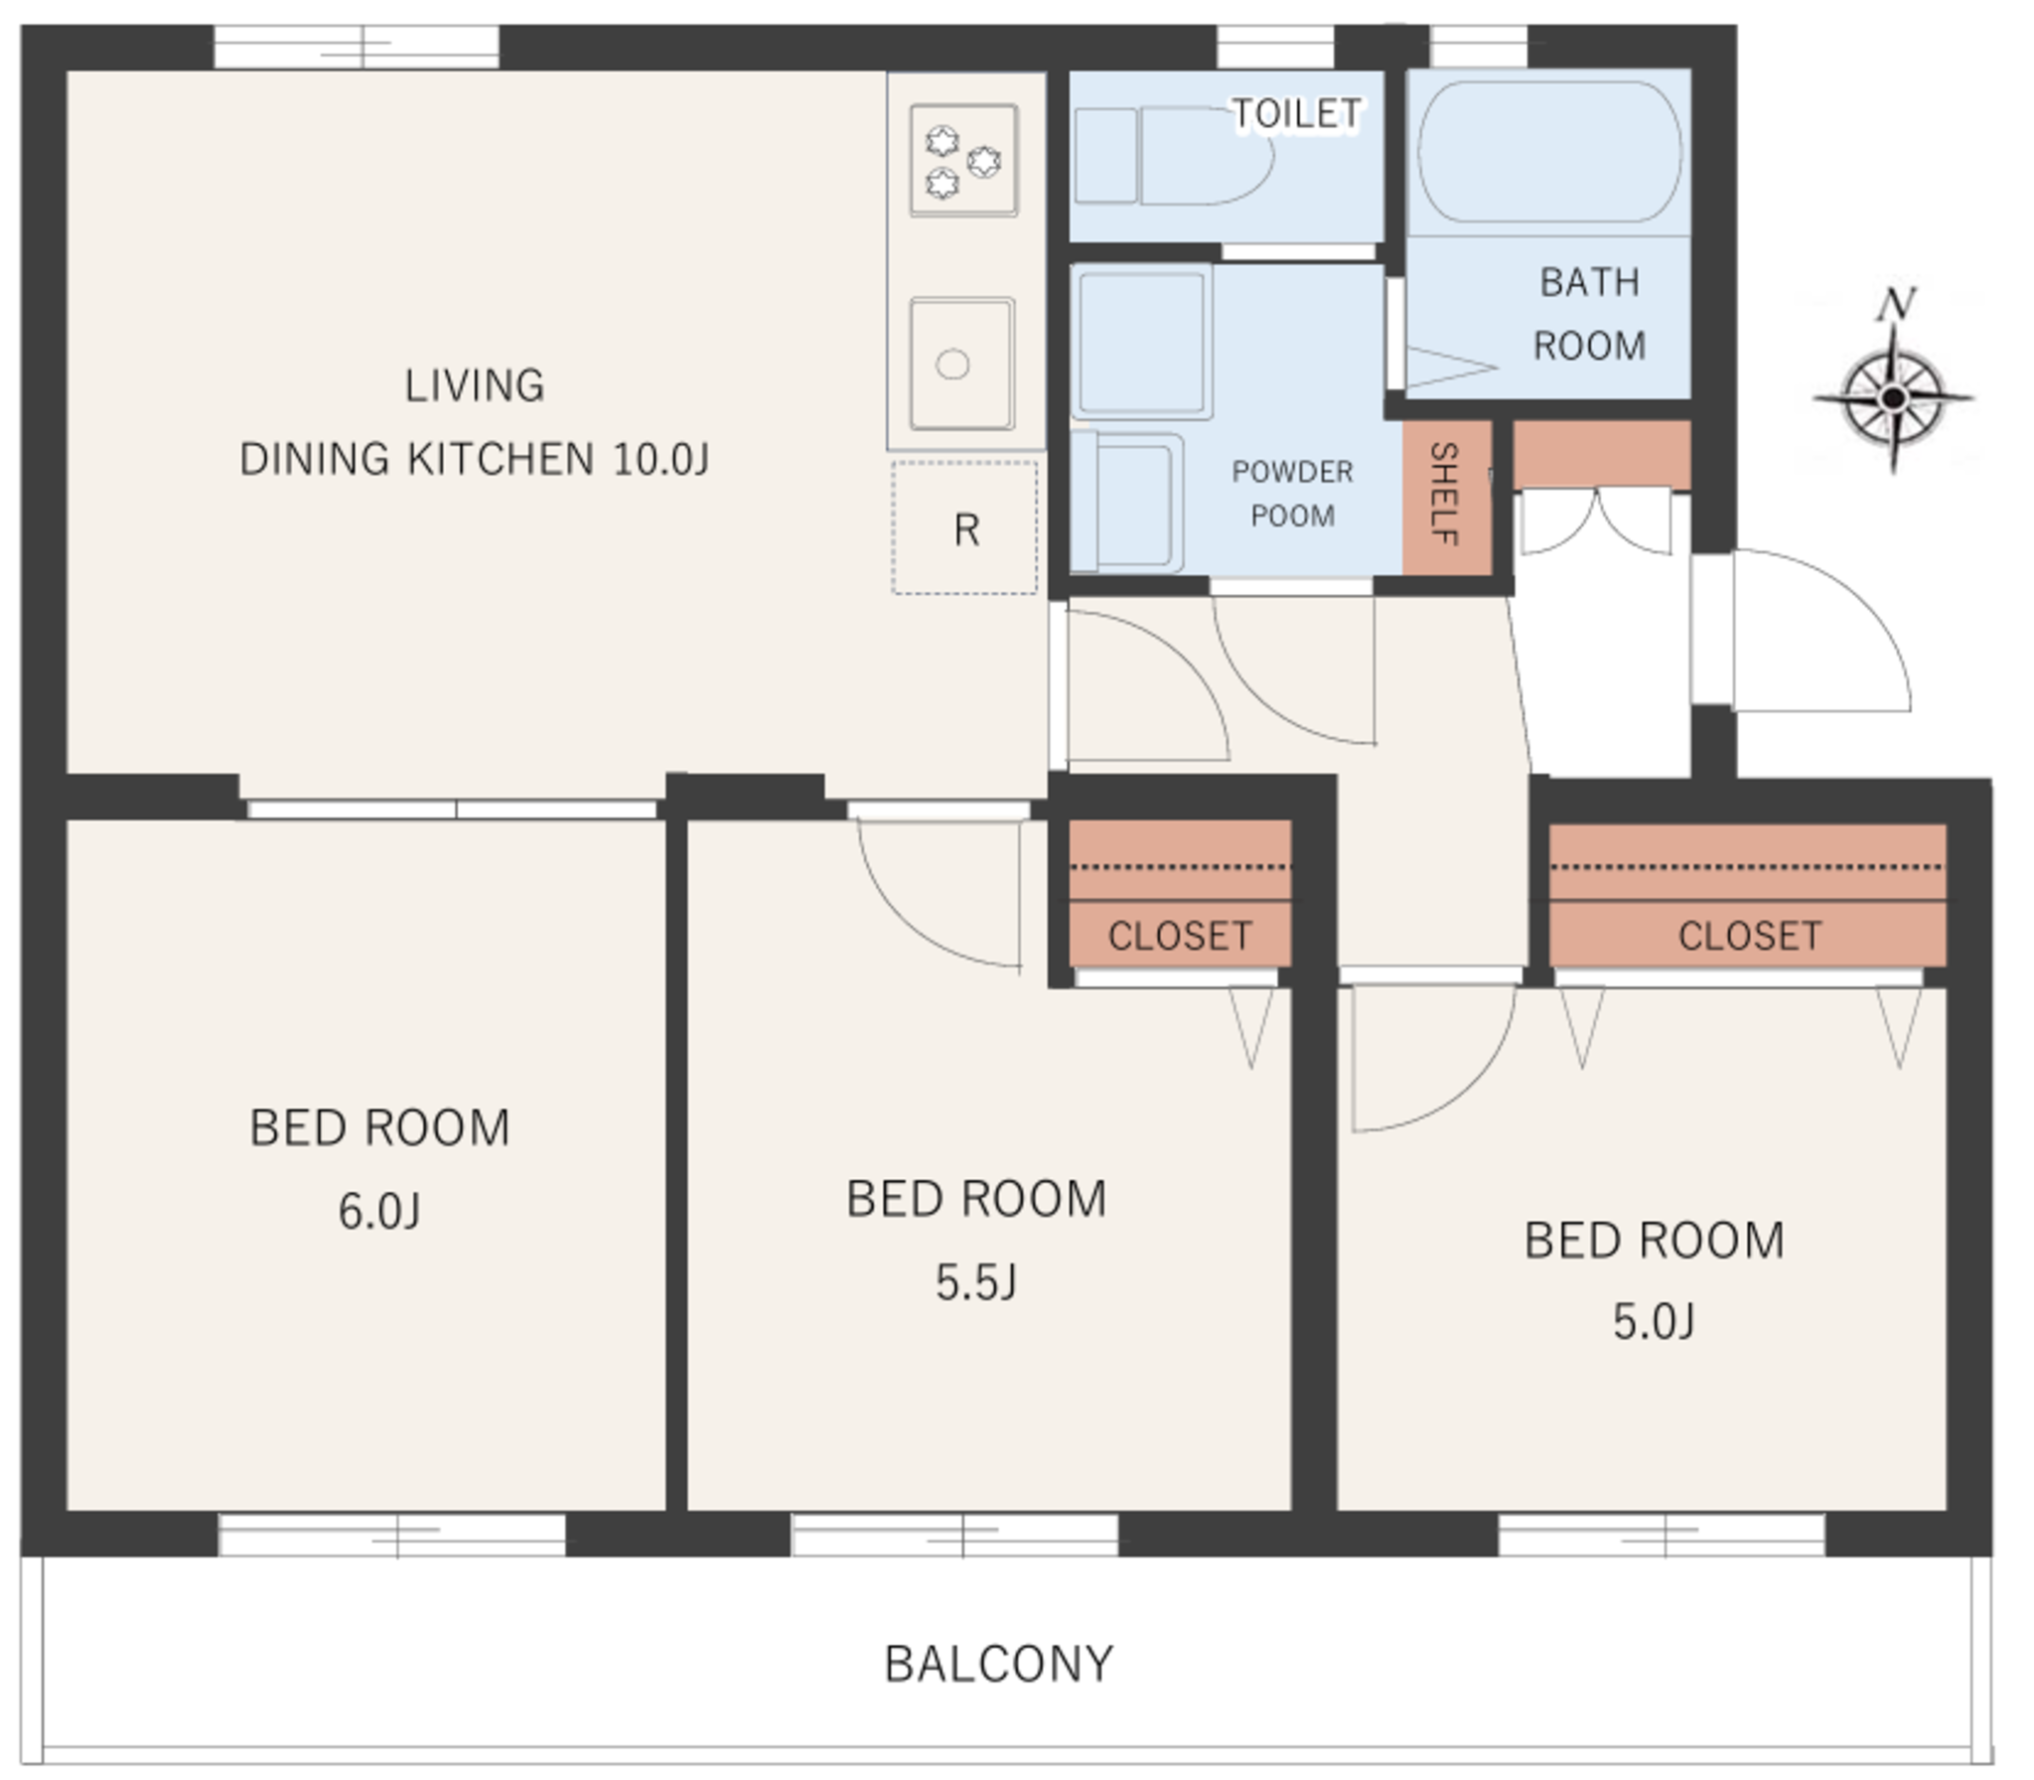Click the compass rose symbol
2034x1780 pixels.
tap(1893, 397)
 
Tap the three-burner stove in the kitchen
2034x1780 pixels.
tap(963, 160)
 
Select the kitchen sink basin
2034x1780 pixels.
tap(961, 364)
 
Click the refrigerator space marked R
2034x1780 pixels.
tap(964, 527)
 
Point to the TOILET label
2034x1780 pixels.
tap(1296, 113)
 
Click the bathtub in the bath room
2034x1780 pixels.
tap(1549, 151)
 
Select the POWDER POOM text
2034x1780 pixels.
tap(1292, 493)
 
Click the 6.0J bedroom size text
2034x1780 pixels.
tap(379, 1211)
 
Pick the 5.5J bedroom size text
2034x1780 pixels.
tap(976, 1282)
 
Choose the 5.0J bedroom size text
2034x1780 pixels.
tap(1654, 1322)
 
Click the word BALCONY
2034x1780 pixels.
tap(999, 1664)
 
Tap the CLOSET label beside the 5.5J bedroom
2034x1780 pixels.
tap(1180, 936)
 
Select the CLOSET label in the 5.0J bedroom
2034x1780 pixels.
tap(1750, 936)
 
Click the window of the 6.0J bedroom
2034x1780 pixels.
tap(392, 1535)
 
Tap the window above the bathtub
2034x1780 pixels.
tap(1479, 47)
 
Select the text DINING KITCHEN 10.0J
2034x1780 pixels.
tap(475, 459)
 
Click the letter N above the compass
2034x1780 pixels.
tap(1896, 303)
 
